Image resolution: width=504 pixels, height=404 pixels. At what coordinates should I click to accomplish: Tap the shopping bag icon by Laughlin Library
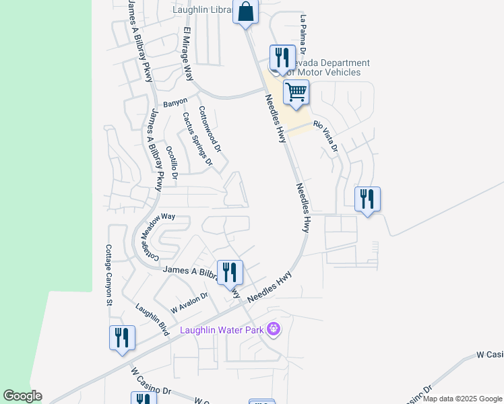[x=246, y=11]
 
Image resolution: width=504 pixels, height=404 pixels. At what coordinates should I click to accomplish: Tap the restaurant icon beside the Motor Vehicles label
[x=282, y=57]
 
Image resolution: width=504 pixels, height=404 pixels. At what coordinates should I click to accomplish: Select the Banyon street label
[x=175, y=103]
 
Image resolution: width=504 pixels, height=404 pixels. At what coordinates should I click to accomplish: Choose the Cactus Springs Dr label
[x=197, y=139]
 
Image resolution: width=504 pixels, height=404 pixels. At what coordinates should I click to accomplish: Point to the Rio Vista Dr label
[x=327, y=135]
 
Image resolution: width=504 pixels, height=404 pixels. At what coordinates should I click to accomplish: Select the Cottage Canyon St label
[x=108, y=275]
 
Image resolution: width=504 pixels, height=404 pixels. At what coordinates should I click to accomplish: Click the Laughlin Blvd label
[x=152, y=319]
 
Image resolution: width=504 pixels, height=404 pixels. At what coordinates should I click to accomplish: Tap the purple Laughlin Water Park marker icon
[x=273, y=329]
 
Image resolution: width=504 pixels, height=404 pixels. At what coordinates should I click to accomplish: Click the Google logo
[x=22, y=396]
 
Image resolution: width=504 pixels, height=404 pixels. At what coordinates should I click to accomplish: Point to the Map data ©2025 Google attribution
[x=462, y=399]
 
